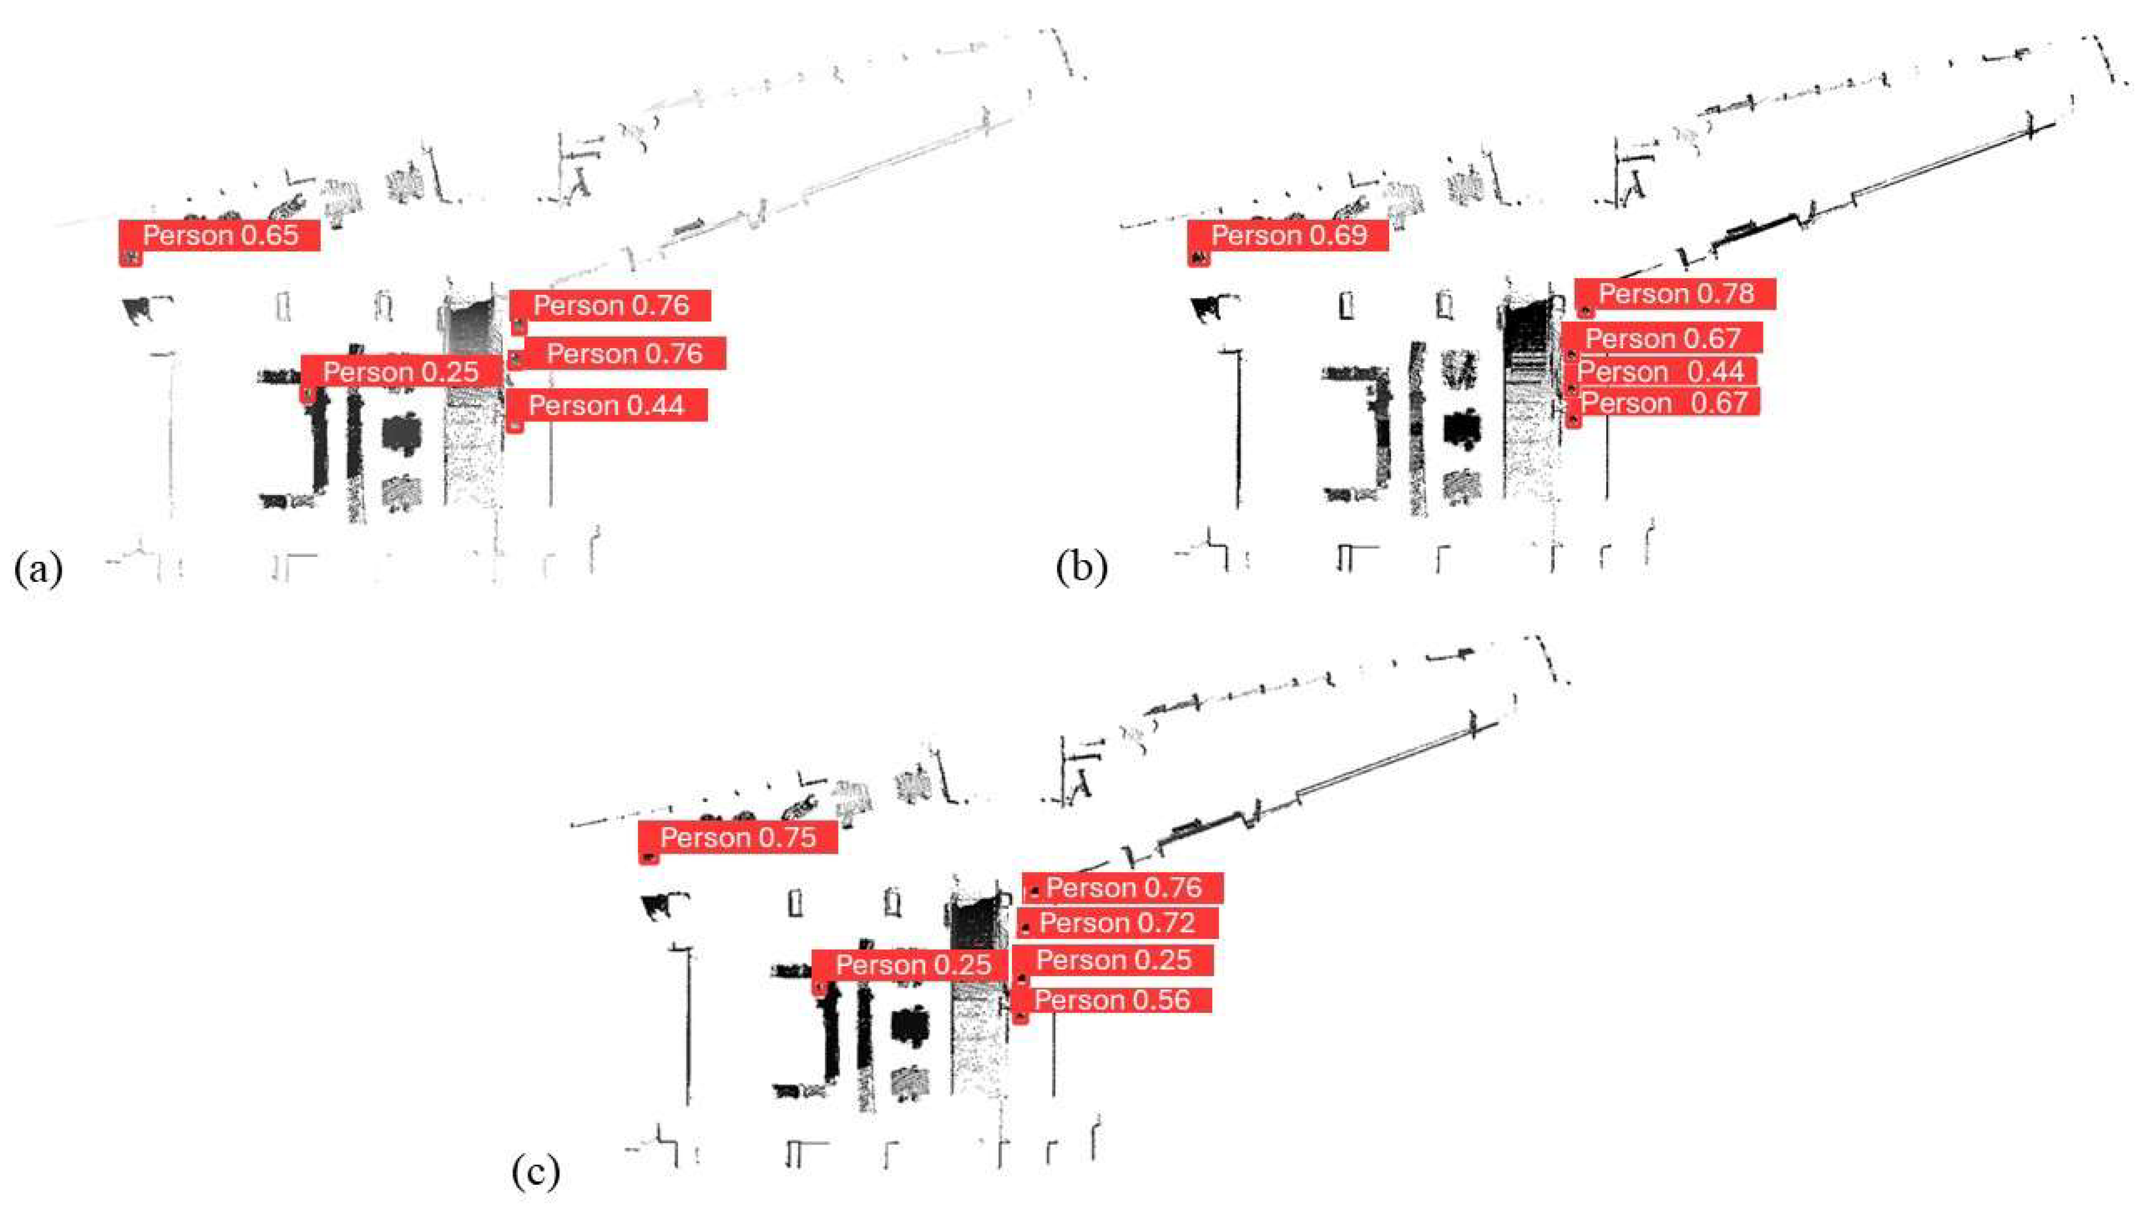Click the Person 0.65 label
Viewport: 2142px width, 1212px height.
point(220,236)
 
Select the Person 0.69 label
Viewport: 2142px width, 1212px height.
point(1288,236)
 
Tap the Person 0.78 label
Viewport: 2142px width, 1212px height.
point(1675,294)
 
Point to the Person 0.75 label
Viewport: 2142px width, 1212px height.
point(738,836)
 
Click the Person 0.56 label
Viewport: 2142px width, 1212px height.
point(1112,1000)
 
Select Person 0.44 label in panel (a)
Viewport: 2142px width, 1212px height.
point(606,405)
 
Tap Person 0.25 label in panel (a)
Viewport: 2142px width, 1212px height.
point(400,371)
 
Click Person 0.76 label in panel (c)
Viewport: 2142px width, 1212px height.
point(1124,887)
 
